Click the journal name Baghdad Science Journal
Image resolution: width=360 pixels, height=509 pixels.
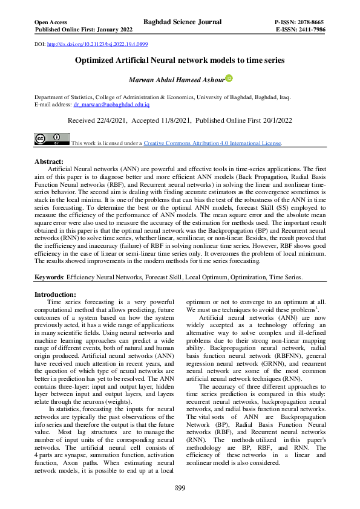tap(182, 22)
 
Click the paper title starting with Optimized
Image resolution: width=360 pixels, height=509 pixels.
tap(180, 60)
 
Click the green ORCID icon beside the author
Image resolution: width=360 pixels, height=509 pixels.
tap(229, 78)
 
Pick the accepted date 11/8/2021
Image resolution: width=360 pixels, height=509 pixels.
tap(180, 121)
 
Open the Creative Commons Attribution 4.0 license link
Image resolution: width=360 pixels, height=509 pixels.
tap(212, 143)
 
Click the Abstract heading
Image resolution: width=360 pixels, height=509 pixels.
tap(49, 162)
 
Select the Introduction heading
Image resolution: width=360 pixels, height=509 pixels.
tap(59, 294)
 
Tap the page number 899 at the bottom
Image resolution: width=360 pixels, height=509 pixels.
tap(180, 488)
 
